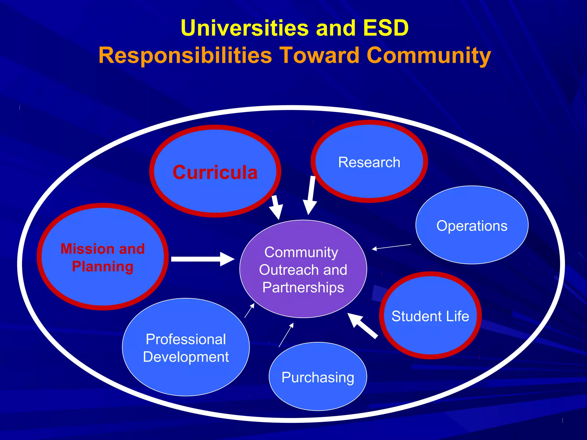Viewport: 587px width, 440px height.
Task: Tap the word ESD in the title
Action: pos(386,28)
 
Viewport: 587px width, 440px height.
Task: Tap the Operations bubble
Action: pos(472,225)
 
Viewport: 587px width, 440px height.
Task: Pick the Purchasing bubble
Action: pos(318,377)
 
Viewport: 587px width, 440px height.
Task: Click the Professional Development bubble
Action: pos(186,347)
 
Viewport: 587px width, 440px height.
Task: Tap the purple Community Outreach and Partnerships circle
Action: pos(303,269)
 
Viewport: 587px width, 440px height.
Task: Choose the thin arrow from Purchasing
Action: pos(286,335)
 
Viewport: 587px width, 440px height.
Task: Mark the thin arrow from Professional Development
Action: pos(249,311)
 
